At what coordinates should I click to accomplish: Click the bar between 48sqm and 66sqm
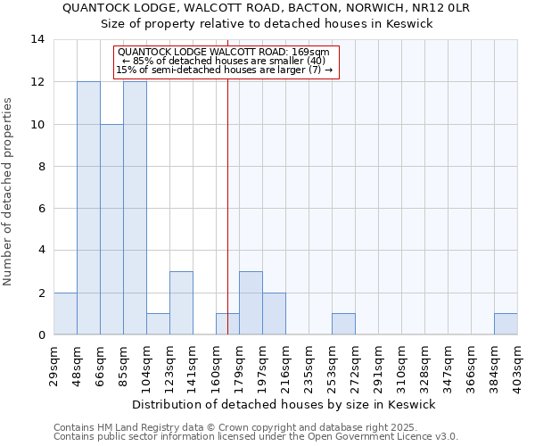pyautogui.click(x=88, y=208)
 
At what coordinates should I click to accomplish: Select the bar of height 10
pyautogui.click(x=111, y=229)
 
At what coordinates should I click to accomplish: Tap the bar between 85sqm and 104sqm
pyautogui.click(x=135, y=208)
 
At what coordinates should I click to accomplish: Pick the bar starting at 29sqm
pyautogui.click(x=65, y=313)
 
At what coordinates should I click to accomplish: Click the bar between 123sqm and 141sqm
pyautogui.click(x=181, y=302)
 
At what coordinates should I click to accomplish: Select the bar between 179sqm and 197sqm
pyautogui.click(x=251, y=302)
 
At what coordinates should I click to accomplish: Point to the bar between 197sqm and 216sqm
pyautogui.click(x=274, y=313)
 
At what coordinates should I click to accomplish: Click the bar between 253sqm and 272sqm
pyautogui.click(x=343, y=324)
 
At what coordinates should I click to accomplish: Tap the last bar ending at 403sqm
pyautogui.click(x=506, y=324)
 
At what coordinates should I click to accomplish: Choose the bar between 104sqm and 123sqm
pyautogui.click(x=158, y=324)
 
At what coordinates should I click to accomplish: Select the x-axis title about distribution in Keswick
pyautogui.click(x=285, y=404)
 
